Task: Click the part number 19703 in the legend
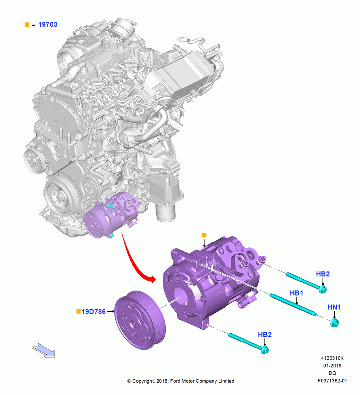pyautogui.click(x=48, y=24)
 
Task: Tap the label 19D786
pyautogui.click(x=94, y=312)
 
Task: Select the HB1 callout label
pyautogui.click(x=296, y=293)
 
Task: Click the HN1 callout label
pyautogui.click(x=334, y=307)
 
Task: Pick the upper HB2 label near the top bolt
pyautogui.click(x=323, y=274)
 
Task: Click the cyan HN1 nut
pyautogui.click(x=335, y=323)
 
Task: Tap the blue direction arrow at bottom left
pyautogui.click(x=43, y=350)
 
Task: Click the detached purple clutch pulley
pyautogui.click(x=140, y=320)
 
